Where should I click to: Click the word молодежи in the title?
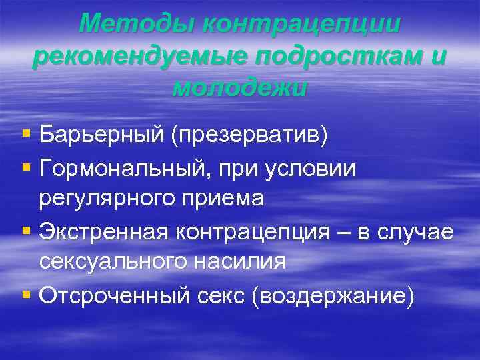click(x=240, y=87)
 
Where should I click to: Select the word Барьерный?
click(x=102, y=137)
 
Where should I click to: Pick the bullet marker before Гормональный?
click(x=26, y=169)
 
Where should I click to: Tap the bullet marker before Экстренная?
click(x=26, y=231)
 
